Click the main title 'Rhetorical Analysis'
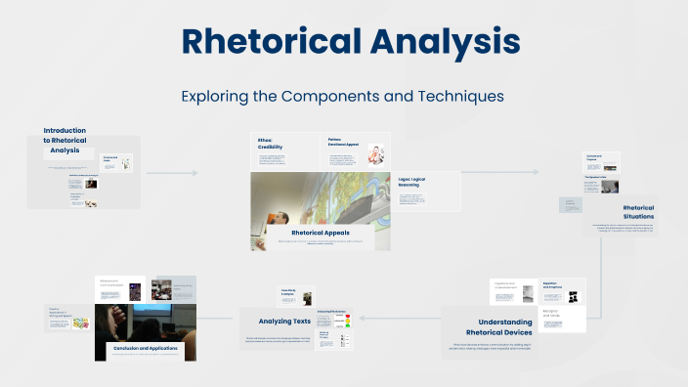350,42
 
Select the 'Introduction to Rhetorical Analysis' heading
65,140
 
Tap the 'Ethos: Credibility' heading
271,143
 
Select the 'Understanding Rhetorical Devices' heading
505,326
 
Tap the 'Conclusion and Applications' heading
145,347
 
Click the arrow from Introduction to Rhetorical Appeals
172,173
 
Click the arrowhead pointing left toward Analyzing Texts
362,318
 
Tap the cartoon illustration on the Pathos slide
375,153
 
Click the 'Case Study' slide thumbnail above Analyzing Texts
296,296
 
